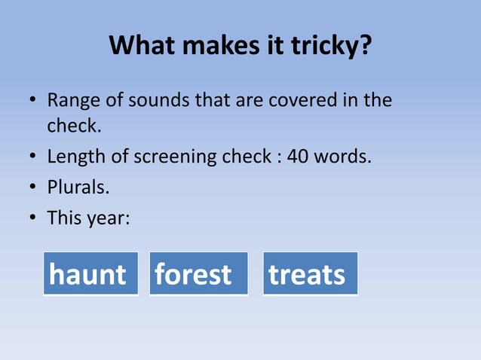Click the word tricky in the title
[331, 47]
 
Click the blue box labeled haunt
[90, 273]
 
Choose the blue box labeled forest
[198, 273]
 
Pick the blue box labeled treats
[310, 273]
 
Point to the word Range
[72, 100]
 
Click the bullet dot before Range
[34, 101]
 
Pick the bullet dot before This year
[34, 219]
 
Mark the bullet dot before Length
[34, 158]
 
